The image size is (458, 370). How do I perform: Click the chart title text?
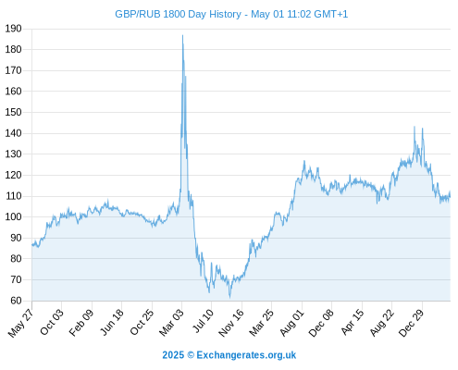point(231,14)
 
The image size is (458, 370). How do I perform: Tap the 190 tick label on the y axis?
point(13,29)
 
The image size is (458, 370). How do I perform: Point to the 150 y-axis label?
point(13,112)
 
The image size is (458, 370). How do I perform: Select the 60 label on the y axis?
point(16,301)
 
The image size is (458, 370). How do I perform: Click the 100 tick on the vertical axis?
point(13,216)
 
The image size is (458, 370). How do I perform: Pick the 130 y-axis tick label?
point(13,154)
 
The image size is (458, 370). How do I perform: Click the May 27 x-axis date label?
point(21,323)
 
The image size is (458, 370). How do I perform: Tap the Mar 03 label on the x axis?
point(171,323)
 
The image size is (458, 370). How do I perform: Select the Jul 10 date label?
point(203,321)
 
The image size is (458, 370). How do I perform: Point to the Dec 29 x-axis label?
point(412,323)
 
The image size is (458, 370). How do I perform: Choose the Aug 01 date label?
point(291,323)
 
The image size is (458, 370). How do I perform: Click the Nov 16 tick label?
point(231,323)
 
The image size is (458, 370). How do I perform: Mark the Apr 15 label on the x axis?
point(353,322)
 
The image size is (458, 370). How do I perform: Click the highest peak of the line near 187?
point(182,35)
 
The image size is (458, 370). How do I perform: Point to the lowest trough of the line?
point(229,297)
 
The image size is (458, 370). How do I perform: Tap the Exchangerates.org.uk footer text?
point(246,355)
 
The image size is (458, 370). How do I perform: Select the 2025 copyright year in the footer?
point(173,355)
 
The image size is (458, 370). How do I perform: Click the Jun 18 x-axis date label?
point(112,322)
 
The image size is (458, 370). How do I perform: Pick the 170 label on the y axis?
point(13,70)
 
